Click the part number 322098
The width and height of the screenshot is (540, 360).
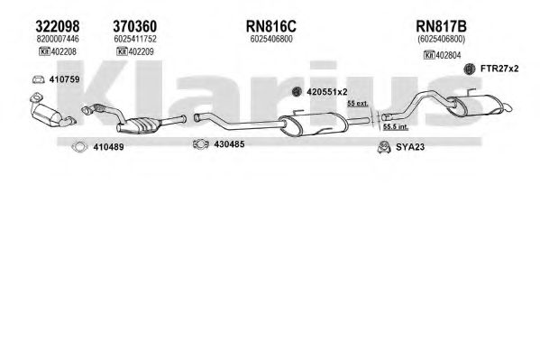[x=58, y=26]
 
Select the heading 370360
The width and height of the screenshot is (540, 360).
[x=135, y=26]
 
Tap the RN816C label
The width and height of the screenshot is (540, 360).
[x=271, y=26]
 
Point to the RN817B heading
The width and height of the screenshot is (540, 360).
[x=441, y=26]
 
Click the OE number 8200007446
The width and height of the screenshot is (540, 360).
[x=58, y=39]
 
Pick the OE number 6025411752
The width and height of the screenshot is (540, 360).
[x=135, y=39]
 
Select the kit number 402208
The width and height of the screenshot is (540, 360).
[x=64, y=51]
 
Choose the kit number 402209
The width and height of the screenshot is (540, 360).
[x=142, y=51]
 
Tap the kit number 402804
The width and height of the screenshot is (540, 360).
[x=448, y=55]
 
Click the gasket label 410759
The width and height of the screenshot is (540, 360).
[x=64, y=79]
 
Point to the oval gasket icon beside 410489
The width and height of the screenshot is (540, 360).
[x=79, y=147]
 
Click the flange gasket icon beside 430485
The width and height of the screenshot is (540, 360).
[x=201, y=144]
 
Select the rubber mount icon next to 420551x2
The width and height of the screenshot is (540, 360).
[x=297, y=92]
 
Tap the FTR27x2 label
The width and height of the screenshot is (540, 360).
[x=499, y=69]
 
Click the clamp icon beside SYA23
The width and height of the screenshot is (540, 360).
[x=384, y=147]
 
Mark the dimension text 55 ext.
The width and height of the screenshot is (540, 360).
[x=358, y=103]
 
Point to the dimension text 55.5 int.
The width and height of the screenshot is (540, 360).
[x=396, y=127]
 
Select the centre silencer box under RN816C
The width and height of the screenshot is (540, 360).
[x=314, y=124]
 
